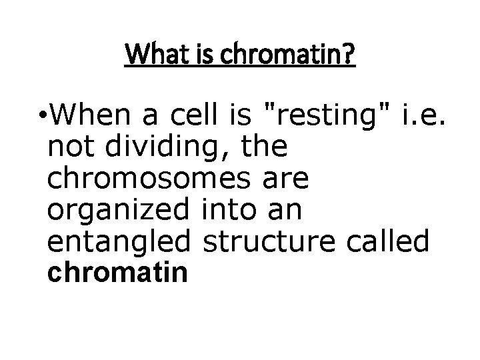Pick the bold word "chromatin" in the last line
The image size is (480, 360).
[117, 273]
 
